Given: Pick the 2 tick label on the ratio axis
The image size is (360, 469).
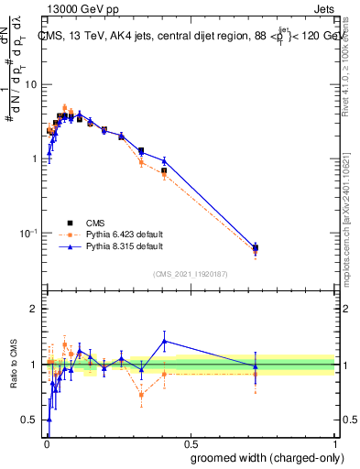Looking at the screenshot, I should (x=33, y=309).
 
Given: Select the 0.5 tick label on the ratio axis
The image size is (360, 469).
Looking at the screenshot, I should (x=29, y=420).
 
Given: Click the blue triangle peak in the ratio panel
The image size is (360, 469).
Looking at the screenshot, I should (x=164, y=341).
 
